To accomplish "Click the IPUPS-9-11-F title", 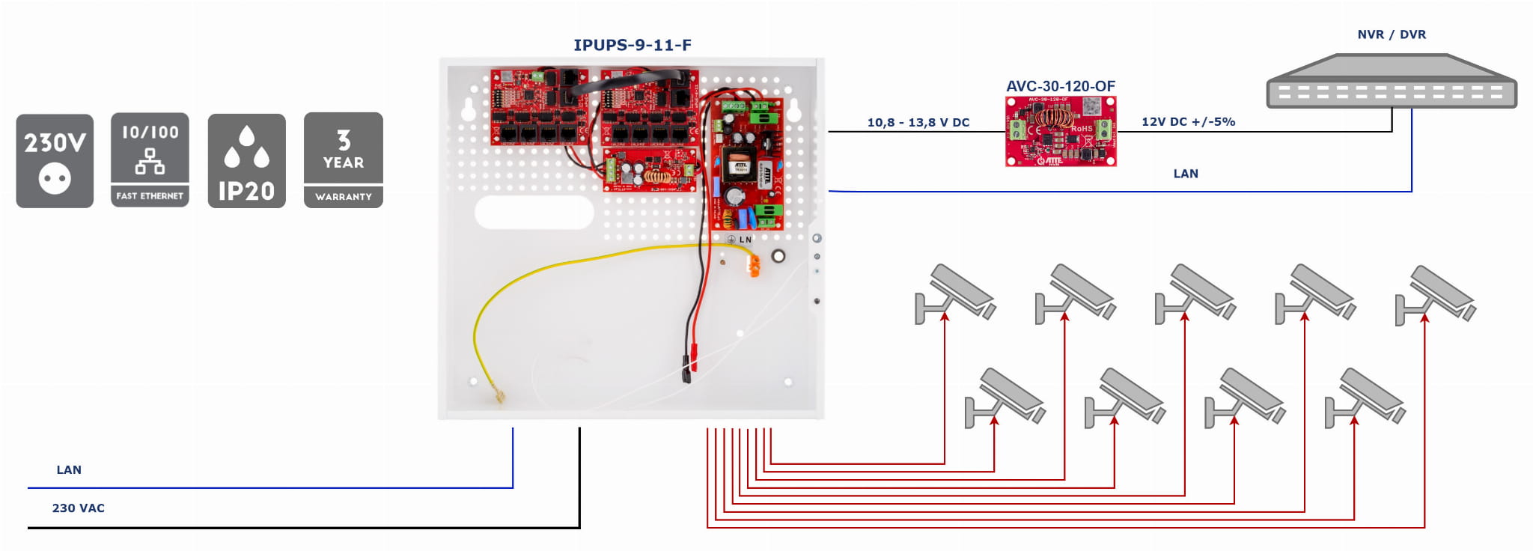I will (632, 45).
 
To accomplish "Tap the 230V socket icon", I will (55, 161).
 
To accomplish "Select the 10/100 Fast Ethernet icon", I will (150, 160).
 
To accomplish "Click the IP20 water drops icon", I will (246, 161).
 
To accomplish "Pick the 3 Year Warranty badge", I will (343, 160).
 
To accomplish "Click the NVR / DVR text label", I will (1391, 34).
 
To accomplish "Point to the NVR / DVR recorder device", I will (1391, 82).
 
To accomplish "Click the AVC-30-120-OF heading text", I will (1060, 86).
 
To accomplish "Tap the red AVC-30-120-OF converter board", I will (1060, 131).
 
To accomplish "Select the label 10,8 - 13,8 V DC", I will (918, 122).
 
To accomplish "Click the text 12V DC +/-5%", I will (1188, 121).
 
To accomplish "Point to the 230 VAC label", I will (78, 508).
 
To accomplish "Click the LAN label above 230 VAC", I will (69, 469).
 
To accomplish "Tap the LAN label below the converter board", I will (1185, 174).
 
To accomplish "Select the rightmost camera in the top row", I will (1436, 294).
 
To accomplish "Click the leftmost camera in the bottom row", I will (1005, 398).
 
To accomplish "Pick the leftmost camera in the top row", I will (955, 294).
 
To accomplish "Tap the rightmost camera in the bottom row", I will (1364, 398).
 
